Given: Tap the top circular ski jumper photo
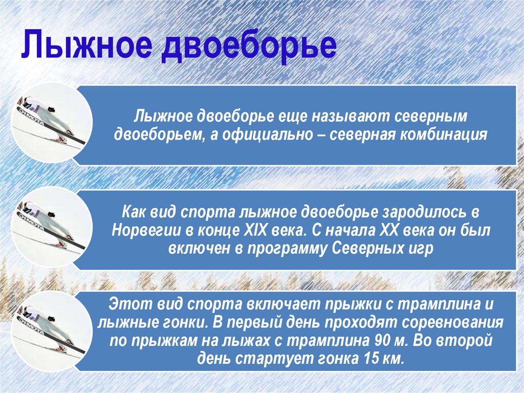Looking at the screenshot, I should click(x=51, y=123).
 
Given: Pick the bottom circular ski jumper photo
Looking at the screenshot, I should click(x=51, y=333).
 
